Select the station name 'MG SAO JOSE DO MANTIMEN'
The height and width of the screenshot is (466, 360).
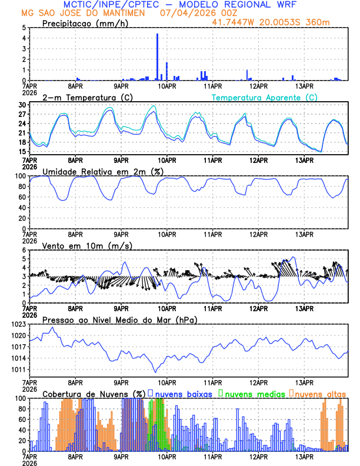pyautogui.click(x=82, y=13)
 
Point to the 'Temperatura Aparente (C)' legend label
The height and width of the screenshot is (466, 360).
pyautogui.click(x=265, y=97)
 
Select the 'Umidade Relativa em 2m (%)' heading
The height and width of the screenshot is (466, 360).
pyautogui.click(x=98, y=171)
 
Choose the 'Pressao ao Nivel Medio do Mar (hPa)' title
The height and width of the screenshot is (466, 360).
pyautogui.click(x=120, y=319)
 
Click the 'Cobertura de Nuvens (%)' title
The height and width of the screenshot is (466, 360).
pyautogui.click(x=94, y=393)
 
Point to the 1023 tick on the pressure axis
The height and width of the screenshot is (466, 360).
pyautogui.click(x=20, y=324)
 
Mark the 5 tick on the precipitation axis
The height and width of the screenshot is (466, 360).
pyautogui.click(x=24, y=28)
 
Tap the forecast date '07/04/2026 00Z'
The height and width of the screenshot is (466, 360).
pyautogui.click(x=186, y=13)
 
